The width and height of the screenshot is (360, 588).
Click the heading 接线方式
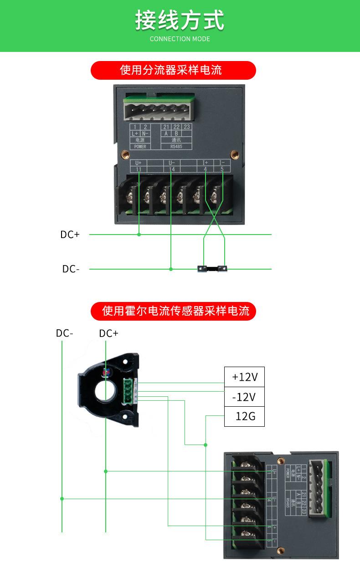pos(180,20)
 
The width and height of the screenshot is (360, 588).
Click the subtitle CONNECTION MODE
pos(180,39)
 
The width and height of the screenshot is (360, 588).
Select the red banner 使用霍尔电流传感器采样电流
pos(176,311)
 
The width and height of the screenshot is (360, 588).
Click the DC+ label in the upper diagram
pos(70,235)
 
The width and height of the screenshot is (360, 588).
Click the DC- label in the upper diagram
pos(71,269)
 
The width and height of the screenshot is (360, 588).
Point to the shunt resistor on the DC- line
pos(212,269)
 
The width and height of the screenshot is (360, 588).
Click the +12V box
pos(244,377)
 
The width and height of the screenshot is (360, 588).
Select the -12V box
pos(244,397)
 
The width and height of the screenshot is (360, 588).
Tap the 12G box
pos(244,416)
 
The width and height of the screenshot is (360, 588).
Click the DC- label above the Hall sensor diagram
pos(64,333)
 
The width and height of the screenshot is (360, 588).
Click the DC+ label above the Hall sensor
pos(108,334)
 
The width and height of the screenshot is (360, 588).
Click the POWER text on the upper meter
pos(140,147)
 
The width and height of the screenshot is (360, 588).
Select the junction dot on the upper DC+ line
pos(139,235)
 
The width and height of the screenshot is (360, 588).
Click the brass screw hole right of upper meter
pos(234,154)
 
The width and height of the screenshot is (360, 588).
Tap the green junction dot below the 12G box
pos(206,445)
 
